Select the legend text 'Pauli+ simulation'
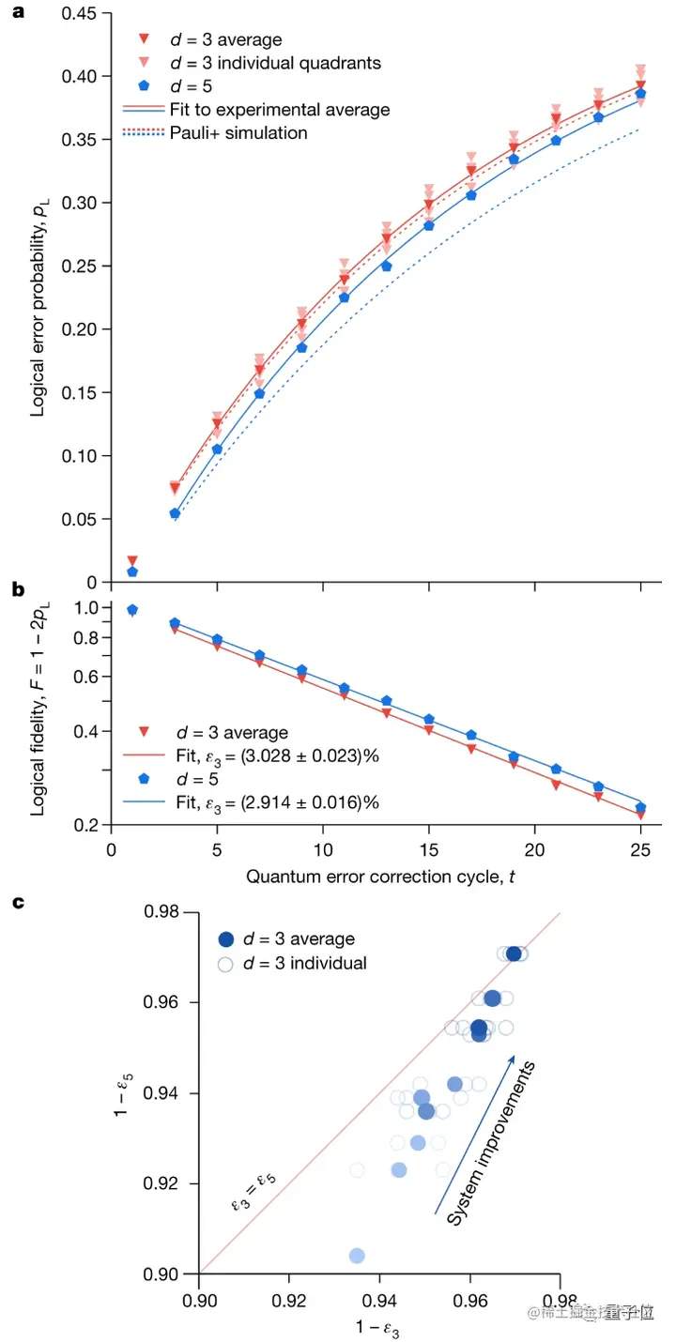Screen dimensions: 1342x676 pyautogui.click(x=238, y=133)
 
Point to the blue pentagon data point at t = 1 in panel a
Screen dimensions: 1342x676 pyautogui.click(x=132, y=572)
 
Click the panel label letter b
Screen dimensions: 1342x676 pyautogui.click(x=16, y=590)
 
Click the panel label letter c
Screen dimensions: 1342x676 pyautogui.click(x=16, y=903)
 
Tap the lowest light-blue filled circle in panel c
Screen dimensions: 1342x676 pyautogui.click(x=357, y=1256)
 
